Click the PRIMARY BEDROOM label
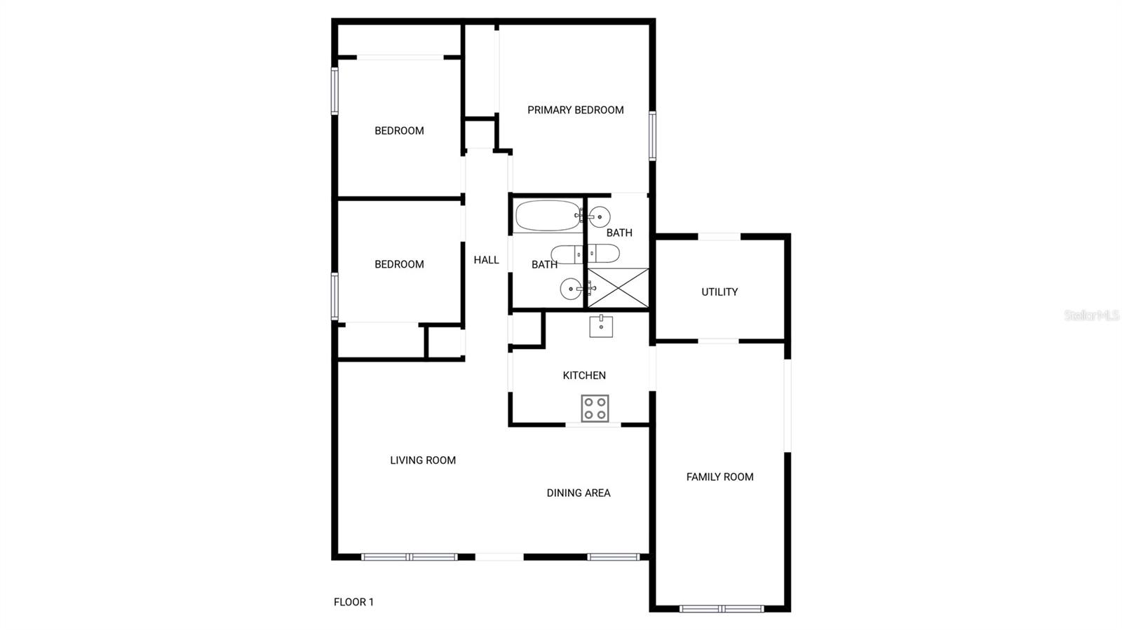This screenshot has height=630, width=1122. point(575,110)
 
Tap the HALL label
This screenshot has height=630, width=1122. point(486,260)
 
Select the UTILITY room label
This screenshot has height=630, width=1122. point(719,292)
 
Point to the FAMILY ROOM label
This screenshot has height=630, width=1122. point(719,477)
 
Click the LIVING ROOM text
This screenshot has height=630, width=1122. point(423,460)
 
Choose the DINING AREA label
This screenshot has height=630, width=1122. point(579,493)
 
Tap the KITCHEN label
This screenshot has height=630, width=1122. point(584,375)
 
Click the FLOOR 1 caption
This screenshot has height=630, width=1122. point(353,602)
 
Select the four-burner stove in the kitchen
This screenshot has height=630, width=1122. point(595,408)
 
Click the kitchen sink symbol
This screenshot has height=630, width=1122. point(601,326)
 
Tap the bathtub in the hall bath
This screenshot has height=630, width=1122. point(548,216)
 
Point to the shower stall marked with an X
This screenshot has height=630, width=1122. point(618,288)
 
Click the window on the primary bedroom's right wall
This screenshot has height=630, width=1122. point(652,135)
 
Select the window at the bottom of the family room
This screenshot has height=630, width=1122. point(722,608)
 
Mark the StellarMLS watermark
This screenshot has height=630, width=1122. point(1092,315)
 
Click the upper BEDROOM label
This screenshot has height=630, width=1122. point(399,130)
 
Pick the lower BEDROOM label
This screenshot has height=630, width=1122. point(399,264)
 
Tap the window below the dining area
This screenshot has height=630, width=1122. point(613,557)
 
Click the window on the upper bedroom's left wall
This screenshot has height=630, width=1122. point(334,90)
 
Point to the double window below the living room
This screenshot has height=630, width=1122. point(410,557)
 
